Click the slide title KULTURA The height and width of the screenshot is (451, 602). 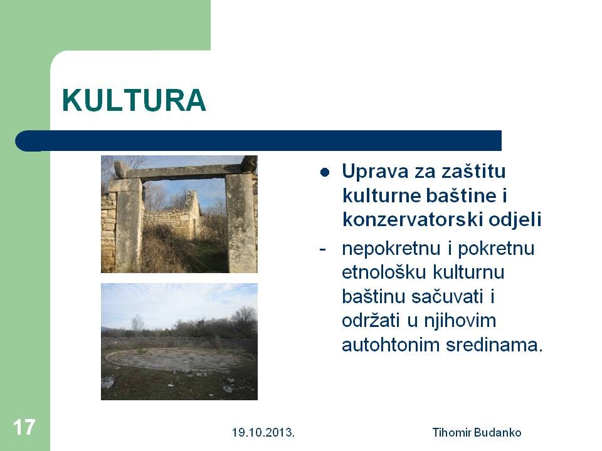(x=134, y=100)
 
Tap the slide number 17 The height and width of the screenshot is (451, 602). (x=24, y=427)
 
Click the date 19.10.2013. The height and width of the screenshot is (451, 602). (x=263, y=433)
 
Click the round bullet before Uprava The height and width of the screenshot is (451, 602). (x=325, y=172)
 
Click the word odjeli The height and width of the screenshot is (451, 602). (x=515, y=220)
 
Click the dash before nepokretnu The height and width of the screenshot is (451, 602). (x=322, y=250)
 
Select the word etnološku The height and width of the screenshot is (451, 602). (x=384, y=272)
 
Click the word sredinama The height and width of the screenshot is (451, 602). (x=495, y=345)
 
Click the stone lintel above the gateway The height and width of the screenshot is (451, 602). (x=185, y=171)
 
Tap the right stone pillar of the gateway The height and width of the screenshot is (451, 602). (x=240, y=222)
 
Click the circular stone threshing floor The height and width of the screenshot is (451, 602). (x=181, y=359)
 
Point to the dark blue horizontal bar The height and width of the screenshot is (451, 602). (x=258, y=141)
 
